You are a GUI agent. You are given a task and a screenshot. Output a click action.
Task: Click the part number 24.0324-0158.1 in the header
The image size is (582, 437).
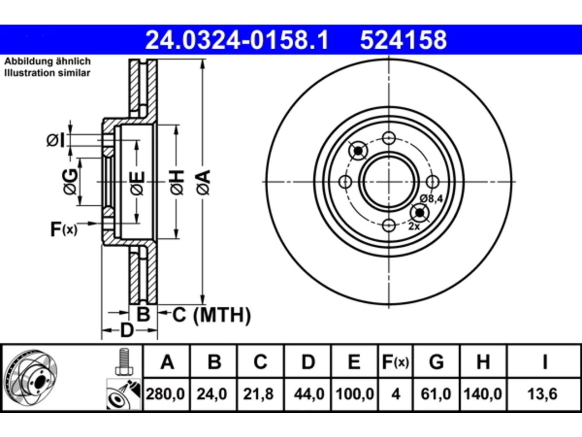click(237, 40)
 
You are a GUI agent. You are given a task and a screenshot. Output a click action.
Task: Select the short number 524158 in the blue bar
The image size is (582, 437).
click(403, 40)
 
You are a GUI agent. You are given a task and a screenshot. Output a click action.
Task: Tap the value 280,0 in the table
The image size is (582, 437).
click(165, 394)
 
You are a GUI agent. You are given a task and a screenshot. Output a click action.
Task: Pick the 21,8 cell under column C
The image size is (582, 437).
click(258, 394)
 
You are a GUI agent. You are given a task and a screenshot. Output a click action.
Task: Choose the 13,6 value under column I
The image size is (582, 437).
click(542, 394)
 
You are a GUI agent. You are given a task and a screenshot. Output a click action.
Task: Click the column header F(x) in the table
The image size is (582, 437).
click(396, 361)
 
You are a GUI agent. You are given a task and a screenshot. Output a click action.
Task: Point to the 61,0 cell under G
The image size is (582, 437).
click(436, 394)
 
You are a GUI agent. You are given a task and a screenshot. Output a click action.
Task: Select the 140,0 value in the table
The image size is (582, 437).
click(482, 394)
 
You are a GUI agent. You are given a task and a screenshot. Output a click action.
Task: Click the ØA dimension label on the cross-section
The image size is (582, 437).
click(203, 183)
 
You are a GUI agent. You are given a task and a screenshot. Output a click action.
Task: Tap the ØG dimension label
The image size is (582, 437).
click(70, 182)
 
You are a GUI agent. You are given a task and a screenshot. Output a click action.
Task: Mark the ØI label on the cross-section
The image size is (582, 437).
click(55, 140)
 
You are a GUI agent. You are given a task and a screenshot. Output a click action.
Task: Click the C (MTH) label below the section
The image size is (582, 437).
click(211, 315)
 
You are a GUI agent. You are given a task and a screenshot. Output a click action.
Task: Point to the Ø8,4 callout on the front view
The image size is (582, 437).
click(431, 199)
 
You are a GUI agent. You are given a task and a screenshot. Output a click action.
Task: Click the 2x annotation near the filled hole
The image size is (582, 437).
click(414, 227)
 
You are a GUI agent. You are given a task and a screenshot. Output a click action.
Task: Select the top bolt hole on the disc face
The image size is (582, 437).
click(389, 138)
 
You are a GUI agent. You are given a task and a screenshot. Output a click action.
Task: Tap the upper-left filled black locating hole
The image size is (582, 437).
click(358, 151)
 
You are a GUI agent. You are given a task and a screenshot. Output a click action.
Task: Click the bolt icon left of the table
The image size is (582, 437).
click(124, 361)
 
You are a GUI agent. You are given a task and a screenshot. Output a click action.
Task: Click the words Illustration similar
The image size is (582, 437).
click(47, 73)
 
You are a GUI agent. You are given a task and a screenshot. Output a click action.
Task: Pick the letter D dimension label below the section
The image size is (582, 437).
click(127, 330)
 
